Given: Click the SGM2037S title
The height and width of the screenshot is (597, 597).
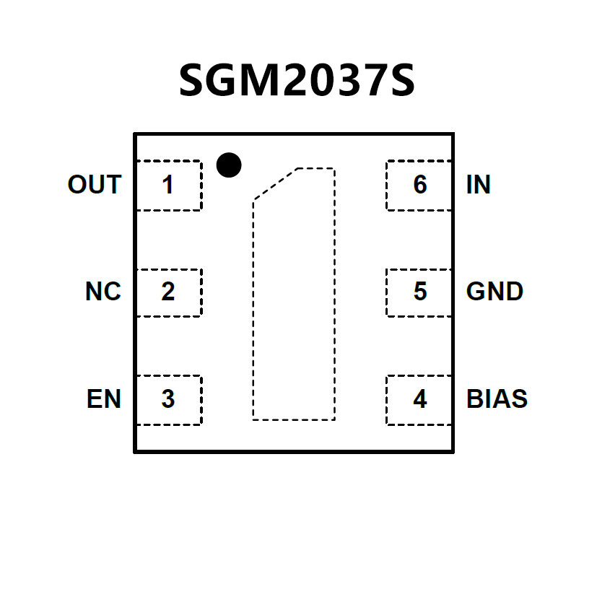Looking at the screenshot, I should click(x=297, y=81).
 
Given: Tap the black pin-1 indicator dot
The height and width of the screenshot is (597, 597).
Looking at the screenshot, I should click(x=229, y=165).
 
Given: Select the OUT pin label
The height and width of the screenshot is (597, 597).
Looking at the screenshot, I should click(x=94, y=185).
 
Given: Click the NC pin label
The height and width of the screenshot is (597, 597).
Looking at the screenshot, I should click(x=103, y=292).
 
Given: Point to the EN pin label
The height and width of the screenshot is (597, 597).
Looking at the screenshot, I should click(x=104, y=399).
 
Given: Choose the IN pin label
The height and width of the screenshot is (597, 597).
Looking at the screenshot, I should click(x=479, y=185).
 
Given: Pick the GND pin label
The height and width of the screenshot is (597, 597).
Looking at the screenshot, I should click(x=494, y=292).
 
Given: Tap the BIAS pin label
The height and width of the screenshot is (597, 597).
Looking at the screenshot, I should click(x=497, y=399).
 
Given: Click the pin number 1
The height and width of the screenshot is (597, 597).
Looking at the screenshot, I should click(x=167, y=186).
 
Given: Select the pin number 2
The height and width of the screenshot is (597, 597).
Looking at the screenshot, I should click(x=167, y=292).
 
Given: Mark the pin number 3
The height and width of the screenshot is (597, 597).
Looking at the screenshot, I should click(x=167, y=399).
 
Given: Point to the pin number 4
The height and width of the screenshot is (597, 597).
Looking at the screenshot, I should click(x=419, y=399).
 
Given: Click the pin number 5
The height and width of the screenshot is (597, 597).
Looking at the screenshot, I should click(x=419, y=292).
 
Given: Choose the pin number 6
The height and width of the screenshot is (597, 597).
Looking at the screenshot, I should click(x=419, y=186).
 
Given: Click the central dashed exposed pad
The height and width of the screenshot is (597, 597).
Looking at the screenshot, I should click(x=294, y=303).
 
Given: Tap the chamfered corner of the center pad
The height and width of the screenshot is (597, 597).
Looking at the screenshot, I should click(x=274, y=183).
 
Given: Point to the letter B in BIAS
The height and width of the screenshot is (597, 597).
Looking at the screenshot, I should click(x=474, y=399).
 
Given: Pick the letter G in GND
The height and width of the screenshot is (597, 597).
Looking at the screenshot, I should click(x=476, y=292).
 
